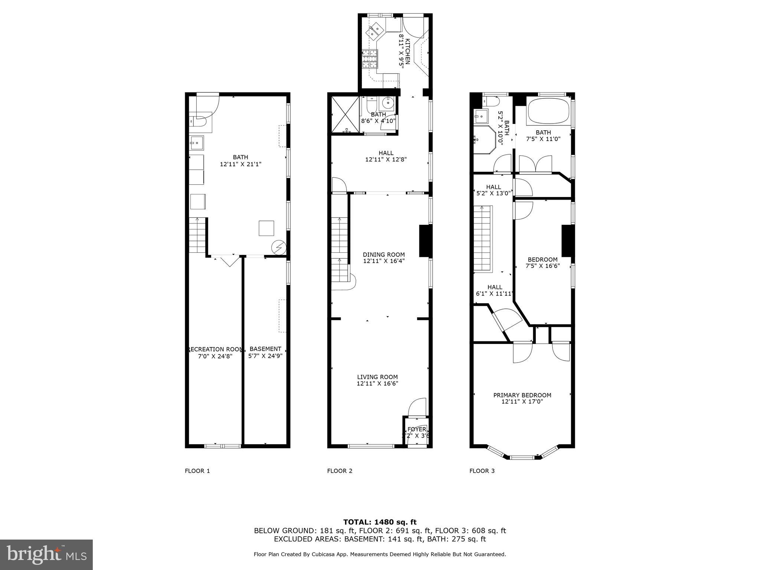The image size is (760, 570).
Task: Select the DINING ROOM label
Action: [384, 255]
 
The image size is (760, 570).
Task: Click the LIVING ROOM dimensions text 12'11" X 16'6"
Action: [377, 383]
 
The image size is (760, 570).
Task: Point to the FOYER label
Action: [417, 429]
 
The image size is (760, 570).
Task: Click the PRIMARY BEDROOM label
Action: [522, 395]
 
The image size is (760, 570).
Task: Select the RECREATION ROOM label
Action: [215, 349]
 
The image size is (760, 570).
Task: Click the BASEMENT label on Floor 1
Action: [265, 349]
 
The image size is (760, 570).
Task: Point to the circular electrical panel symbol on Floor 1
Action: [278, 247]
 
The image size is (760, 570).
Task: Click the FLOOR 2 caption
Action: [340, 471]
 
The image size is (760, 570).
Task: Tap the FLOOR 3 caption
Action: [482, 471]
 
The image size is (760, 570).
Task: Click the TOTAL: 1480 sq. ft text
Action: [380, 522]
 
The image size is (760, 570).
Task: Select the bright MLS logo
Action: [46, 555]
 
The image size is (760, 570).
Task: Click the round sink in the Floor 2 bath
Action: [389, 102]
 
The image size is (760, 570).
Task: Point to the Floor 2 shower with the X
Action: [345, 114]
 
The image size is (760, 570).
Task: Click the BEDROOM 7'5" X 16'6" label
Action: [543, 262]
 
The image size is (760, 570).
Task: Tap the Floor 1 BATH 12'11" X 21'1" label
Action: [240, 160]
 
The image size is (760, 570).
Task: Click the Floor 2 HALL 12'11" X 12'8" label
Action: [386, 156]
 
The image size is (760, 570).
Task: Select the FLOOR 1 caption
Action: [197, 471]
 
